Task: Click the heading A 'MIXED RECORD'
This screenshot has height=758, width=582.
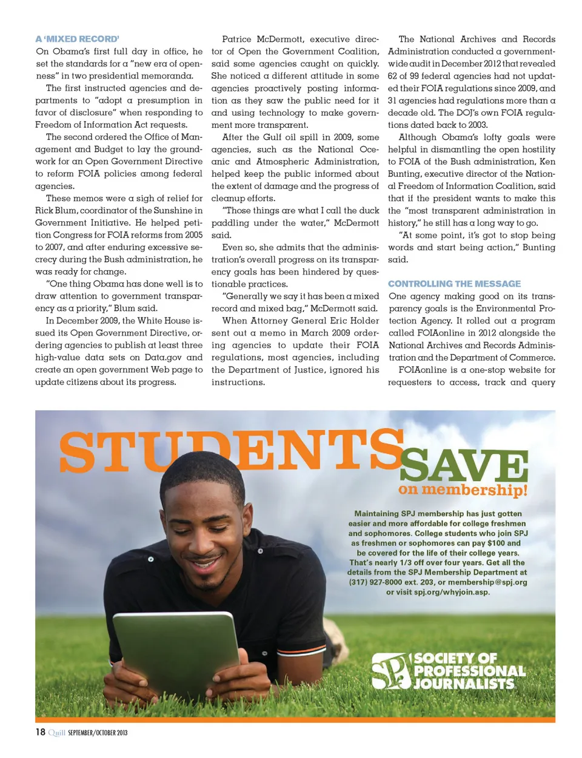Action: click(77, 39)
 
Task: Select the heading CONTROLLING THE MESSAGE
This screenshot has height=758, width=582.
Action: click(454, 284)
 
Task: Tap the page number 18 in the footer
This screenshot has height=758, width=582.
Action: click(40, 732)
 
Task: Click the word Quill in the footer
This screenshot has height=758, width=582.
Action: click(56, 733)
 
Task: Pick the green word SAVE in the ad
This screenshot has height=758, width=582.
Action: click(463, 465)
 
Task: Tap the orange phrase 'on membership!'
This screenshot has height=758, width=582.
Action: click(463, 490)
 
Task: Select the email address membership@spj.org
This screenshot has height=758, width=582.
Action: click(487, 582)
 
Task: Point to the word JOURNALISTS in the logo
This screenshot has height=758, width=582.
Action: click(464, 683)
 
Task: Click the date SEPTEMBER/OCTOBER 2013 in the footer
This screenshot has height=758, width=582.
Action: click(98, 733)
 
